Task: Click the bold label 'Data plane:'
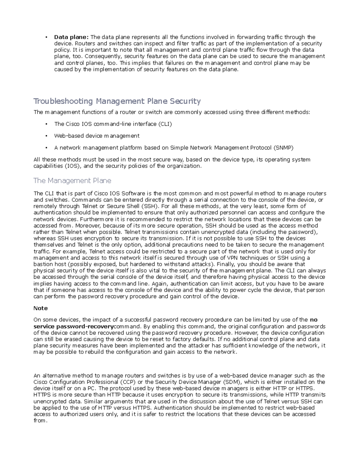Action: point(71,37)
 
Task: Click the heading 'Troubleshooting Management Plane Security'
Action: point(117,101)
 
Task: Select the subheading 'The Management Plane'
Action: point(72,181)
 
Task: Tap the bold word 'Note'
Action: point(40,308)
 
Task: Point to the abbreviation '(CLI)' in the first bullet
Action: point(165,124)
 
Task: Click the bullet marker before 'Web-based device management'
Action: point(46,136)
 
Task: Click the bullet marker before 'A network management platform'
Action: point(46,148)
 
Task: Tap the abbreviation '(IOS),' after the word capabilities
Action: point(73,166)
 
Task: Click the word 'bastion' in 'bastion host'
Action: point(42,264)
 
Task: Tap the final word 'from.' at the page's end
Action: point(40,421)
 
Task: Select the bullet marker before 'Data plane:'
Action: point(46,38)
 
